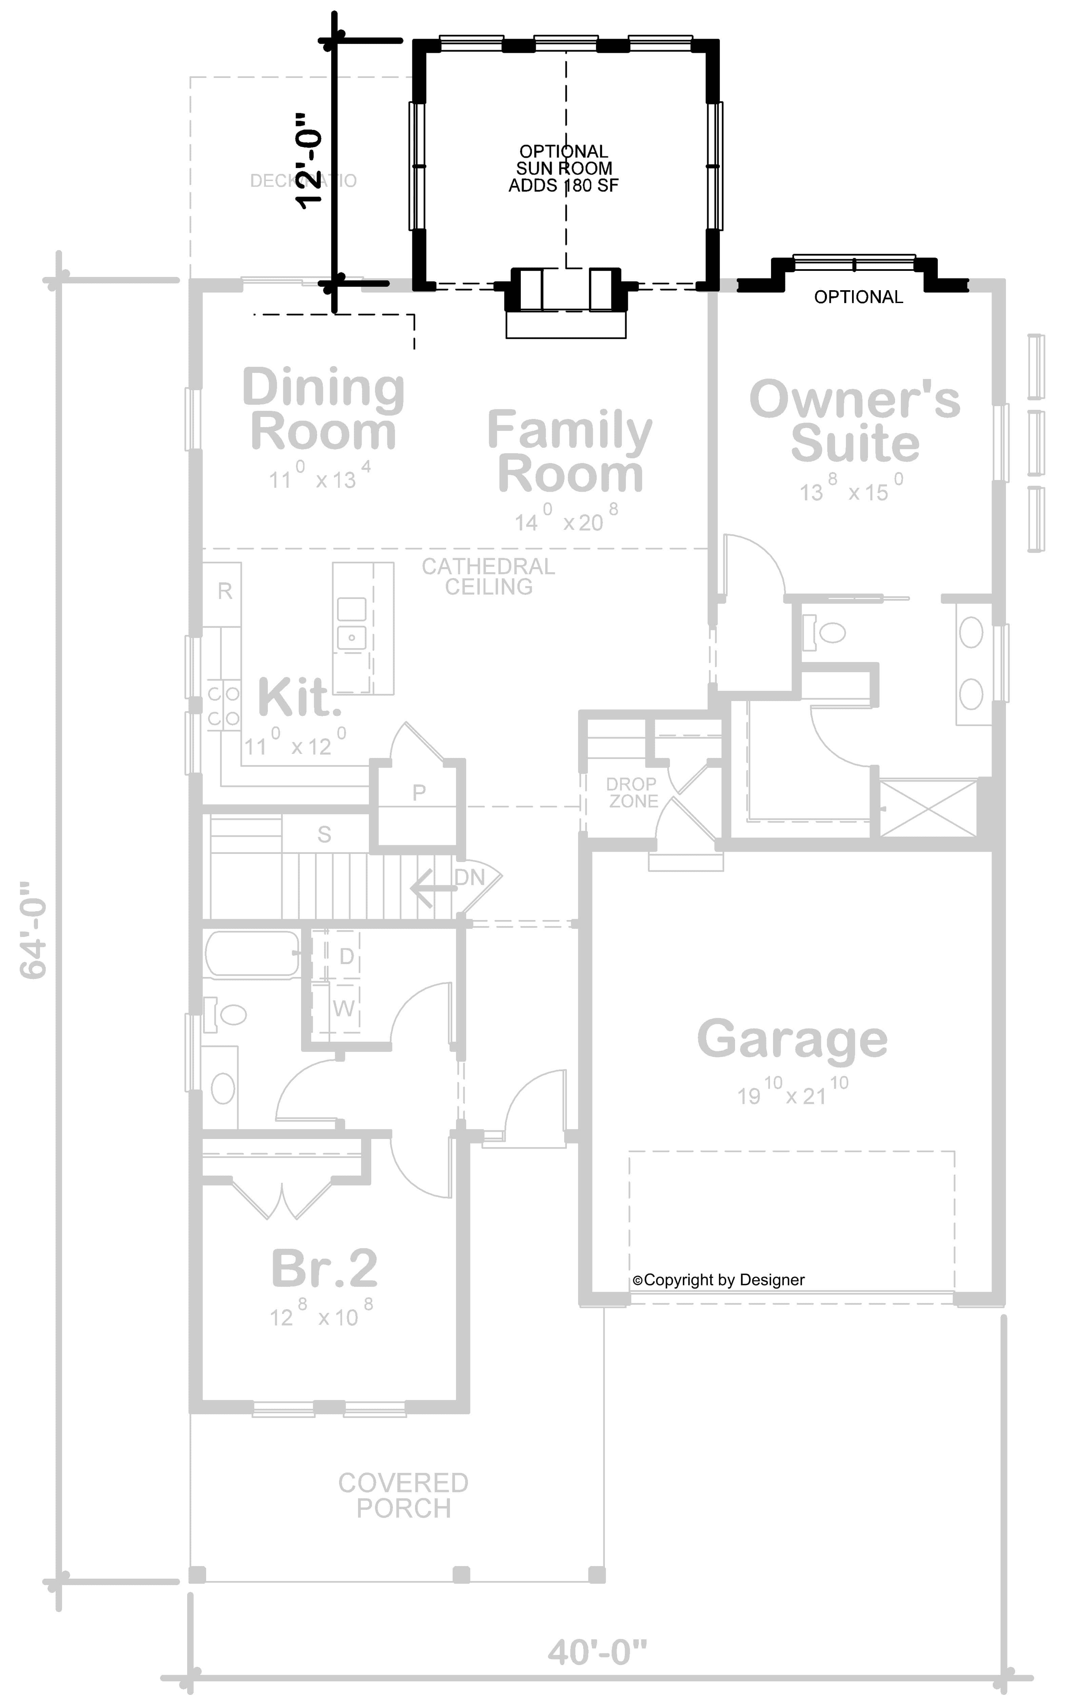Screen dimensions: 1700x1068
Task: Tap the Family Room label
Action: pyautogui.click(x=570, y=452)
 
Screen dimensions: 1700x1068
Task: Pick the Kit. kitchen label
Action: pyautogui.click(x=299, y=698)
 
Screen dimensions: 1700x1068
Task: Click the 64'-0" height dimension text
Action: pyautogui.click(x=33, y=928)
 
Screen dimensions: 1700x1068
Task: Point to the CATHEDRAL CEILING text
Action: pyautogui.click(x=489, y=576)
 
